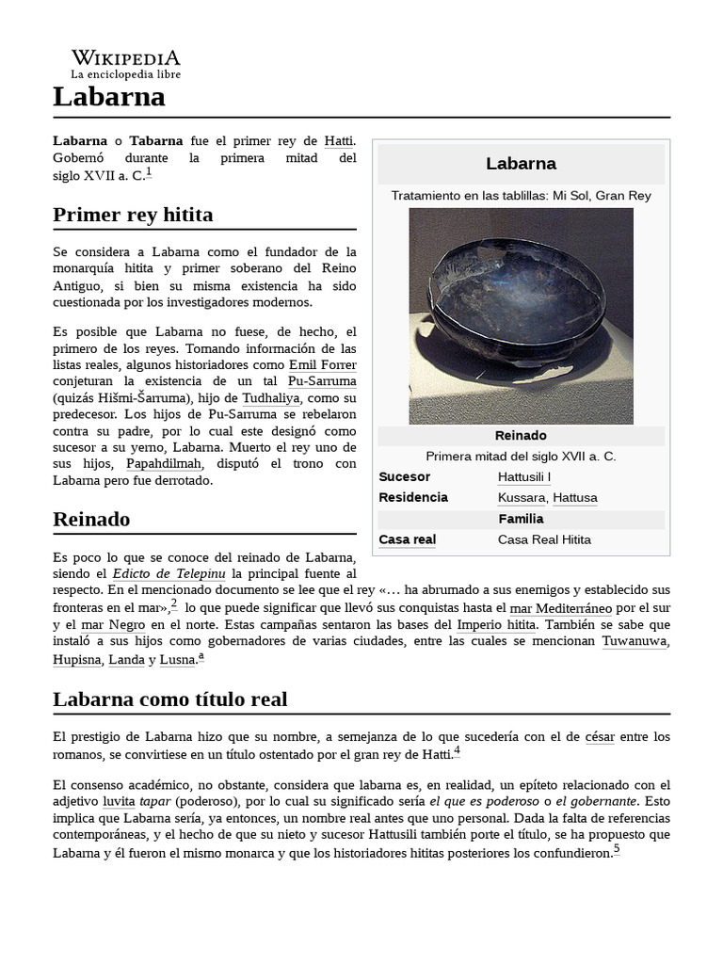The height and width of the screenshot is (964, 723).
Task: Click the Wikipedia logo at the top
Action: tap(125, 63)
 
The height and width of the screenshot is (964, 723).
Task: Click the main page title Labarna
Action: tap(109, 96)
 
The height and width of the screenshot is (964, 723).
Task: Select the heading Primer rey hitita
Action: tap(133, 215)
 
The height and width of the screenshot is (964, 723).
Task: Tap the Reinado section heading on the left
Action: tap(91, 519)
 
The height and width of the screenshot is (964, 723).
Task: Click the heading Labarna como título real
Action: tap(169, 699)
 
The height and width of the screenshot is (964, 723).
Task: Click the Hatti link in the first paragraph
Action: tap(339, 140)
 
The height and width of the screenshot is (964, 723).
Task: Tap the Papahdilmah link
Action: tap(163, 463)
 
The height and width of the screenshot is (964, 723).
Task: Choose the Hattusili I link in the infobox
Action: tap(524, 476)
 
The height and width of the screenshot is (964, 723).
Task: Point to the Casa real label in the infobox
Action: tap(407, 539)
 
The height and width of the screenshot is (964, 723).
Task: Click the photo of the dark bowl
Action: tap(521, 315)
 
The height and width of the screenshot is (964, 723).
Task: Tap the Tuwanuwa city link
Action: tap(635, 641)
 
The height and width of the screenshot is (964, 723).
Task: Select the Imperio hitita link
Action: tap(495, 624)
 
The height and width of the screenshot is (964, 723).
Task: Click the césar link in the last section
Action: tap(599, 735)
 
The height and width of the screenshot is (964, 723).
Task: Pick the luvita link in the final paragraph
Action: tap(119, 801)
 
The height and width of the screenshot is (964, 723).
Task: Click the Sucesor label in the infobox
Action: tap(404, 476)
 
